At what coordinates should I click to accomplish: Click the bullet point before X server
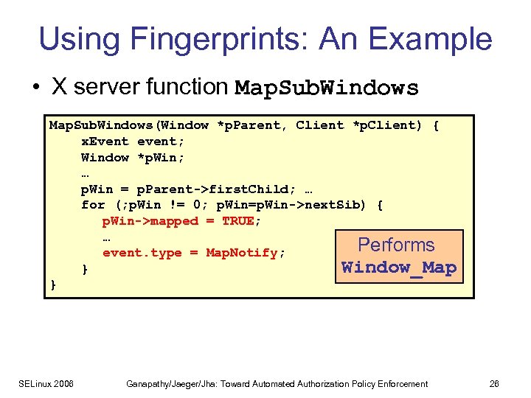click(x=36, y=88)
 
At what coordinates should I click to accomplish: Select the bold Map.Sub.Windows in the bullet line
click(x=326, y=88)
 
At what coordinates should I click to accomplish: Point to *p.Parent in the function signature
click(x=249, y=125)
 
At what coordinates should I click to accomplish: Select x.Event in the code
click(x=104, y=142)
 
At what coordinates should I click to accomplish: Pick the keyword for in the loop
click(x=92, y=205)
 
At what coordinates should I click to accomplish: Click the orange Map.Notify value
click(x=241, y=253)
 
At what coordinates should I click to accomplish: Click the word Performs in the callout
click(x=396, y=245)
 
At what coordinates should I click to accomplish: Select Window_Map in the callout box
click(x=399, y=267)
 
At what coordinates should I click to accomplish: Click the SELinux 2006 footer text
click(x=47, y=383)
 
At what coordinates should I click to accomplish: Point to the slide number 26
click(x=493, y=383)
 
